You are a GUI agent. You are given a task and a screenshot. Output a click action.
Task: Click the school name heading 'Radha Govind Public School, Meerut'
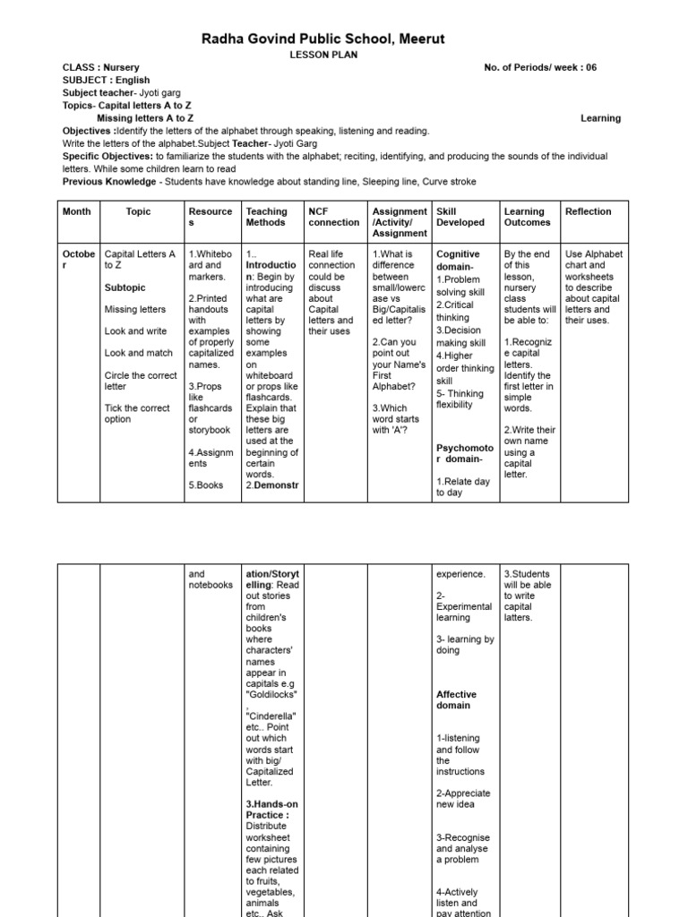pyautogui.click(x=344, y=39)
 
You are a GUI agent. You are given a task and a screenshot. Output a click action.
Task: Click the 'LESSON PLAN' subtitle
pyautogui.click(x=344, y=55)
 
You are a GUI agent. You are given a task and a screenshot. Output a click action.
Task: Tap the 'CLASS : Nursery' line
pyautogui.click(x=100, y=68)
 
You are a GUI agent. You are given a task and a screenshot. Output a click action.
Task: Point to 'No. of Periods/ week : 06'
pyautogui.click(x=539, y=68)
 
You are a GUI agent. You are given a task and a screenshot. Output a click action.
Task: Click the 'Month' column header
pyautogui.click(x=76, y=212)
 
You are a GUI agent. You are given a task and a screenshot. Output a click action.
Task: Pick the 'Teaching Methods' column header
pyautogui.click(x=267, y=218)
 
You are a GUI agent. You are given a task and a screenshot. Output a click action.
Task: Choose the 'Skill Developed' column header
pyautogui.click(x=460, y=218)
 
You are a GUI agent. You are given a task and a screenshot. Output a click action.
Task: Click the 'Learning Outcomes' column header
pyautogui.click(x=528, y=218)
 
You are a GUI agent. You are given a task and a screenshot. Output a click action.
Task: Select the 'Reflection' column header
pyautogui.click(x=589, y=212)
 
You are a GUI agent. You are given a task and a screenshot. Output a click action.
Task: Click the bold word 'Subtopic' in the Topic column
pyautogui.click(x=125, y=288)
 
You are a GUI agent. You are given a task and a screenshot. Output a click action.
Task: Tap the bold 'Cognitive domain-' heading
pyautogui.click(x=458, y=261)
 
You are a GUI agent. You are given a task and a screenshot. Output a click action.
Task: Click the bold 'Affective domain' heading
pyautogui.click(x=456, y=700)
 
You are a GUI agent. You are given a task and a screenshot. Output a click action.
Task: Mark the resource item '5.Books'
pyautogui.click(x=205, y=485)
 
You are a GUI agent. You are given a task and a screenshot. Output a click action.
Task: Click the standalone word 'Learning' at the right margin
pyautogui.click(x=600, y=118)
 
